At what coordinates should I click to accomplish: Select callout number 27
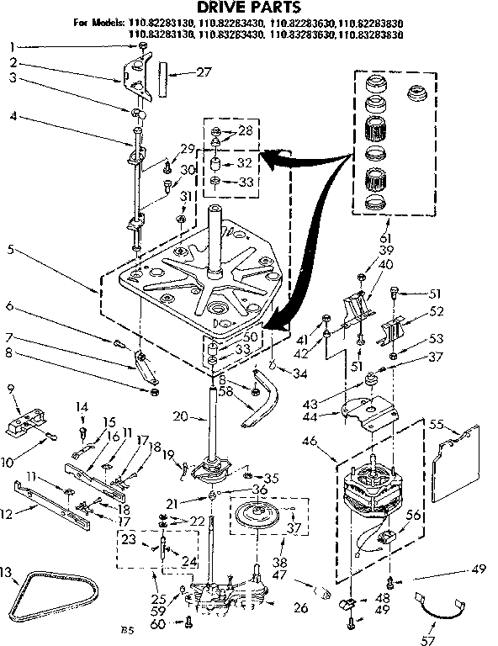202,72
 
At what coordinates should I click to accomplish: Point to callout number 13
7,572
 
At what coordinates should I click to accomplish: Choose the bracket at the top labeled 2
135,76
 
